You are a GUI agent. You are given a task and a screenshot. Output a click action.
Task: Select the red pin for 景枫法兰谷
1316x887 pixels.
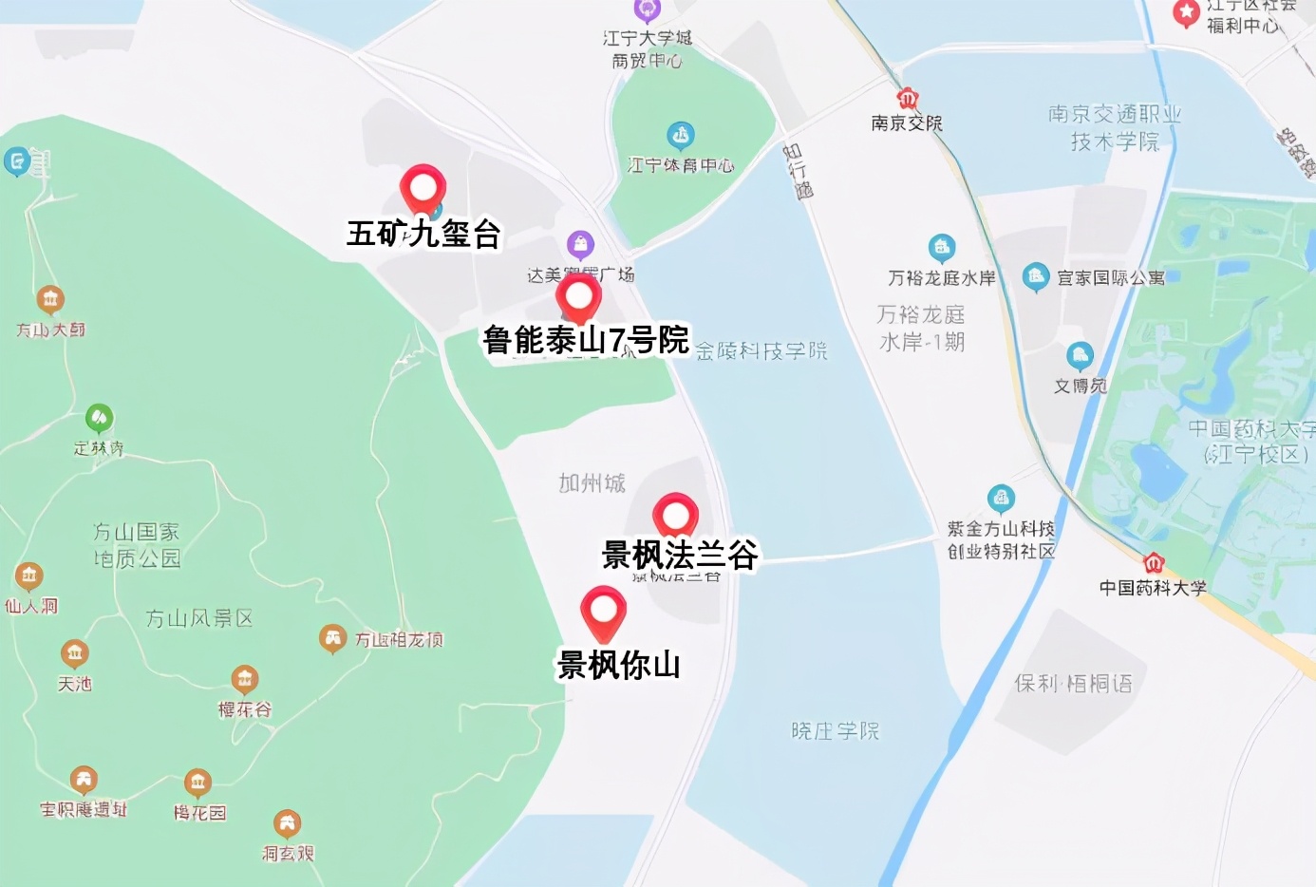(675, 516)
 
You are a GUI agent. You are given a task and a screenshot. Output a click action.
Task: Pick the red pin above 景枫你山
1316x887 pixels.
(603, 610)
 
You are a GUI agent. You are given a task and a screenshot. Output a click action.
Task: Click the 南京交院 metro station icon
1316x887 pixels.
(908, 99)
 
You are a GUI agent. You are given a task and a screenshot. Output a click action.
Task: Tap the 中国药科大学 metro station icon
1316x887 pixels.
(1154, 562)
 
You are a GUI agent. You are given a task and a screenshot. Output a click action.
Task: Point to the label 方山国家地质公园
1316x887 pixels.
(137, 545)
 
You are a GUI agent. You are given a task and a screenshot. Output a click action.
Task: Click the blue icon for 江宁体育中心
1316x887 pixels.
(680, 135)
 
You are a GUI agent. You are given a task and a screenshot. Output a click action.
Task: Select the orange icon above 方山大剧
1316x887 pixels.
(50, 300)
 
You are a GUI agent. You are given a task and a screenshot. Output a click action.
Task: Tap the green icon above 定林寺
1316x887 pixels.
(99, 417)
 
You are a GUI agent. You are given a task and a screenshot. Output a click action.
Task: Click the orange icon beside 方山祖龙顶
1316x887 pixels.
(332, 638)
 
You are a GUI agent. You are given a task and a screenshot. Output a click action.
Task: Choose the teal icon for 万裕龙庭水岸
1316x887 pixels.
(941, 248)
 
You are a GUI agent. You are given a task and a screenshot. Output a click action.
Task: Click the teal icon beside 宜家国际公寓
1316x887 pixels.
(1036, 276)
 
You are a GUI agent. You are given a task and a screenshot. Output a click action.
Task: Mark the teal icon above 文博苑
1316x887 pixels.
(1080, 356)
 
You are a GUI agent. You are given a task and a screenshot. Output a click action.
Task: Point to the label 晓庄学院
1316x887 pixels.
(836, 730)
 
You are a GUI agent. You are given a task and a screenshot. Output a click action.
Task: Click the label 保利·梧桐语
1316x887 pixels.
(1073, 684)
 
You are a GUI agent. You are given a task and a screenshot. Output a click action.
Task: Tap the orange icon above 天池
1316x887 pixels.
(74, 653)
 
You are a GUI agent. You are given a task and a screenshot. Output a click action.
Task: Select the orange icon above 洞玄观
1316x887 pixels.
(287, 823)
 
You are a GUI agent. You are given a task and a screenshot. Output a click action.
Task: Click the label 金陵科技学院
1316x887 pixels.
(761, 351)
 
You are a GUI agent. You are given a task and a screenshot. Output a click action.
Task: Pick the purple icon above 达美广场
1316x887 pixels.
(580, 245)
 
